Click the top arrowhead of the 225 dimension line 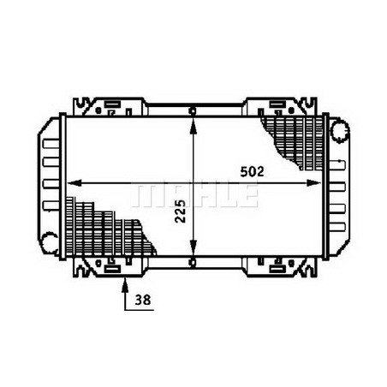[x=195, y=117]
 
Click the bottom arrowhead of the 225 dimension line [x=195, y=250]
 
